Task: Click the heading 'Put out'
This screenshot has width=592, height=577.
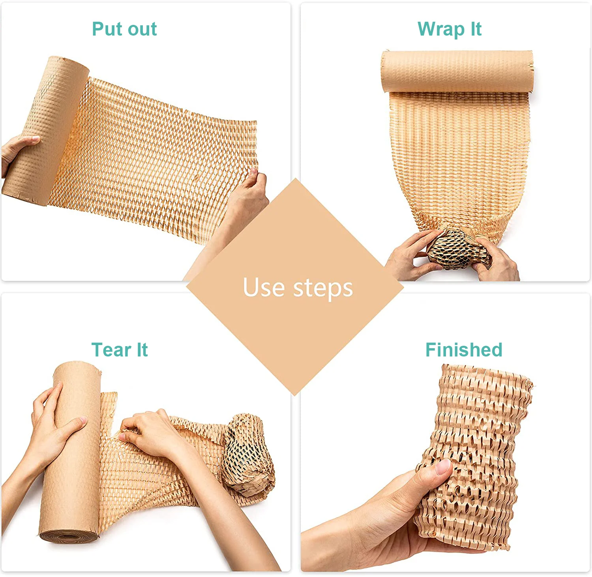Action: tap(124, 29)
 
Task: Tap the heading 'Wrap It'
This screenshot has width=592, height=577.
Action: tap(449, 29)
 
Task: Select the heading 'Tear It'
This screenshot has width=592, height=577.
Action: tap(119, 350)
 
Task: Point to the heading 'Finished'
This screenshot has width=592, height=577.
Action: tap(464, 350)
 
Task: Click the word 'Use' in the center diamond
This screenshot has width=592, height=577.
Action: tap(263, 287)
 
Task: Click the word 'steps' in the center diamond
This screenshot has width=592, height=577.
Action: tap(323, 288)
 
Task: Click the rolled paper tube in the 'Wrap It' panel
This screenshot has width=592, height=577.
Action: tap(457, 71)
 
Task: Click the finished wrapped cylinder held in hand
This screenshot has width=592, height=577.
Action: tap(478, 454)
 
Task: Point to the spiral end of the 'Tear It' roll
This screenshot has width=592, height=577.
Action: tap(69, 537)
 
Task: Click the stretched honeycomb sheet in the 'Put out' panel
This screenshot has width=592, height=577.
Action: tap(158, 158)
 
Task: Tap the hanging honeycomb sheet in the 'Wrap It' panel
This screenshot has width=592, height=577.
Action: tap(458, 158)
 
